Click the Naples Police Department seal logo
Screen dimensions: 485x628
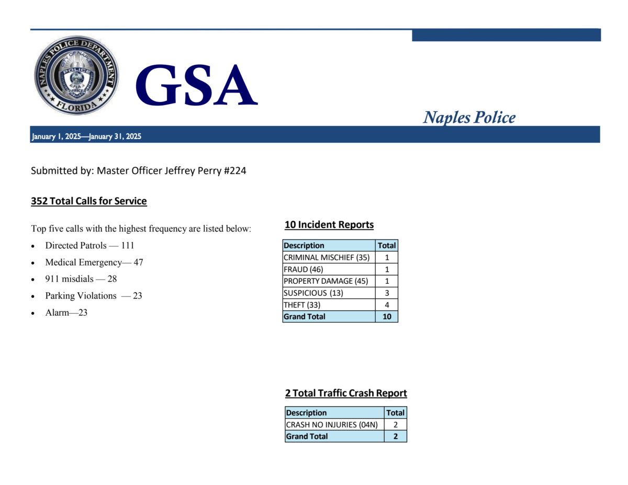pyautogui.click(x=76, y=76)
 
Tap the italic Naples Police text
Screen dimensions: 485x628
pyautogui.click(x=469, y=117)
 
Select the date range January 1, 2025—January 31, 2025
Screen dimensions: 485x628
pyautogui.click(x=86, y=137)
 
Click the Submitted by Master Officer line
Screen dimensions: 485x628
pyautogui.click(x=138, y=171)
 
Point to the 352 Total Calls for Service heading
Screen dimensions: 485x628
pyautogui.click(x=89, y=201)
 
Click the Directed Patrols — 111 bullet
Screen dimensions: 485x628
pyautogui.click(x=89, y=245)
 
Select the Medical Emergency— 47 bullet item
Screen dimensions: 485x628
pyautogui.click(x=94, y=262)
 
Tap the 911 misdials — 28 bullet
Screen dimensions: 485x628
pyautogui.click(x=81, y=279)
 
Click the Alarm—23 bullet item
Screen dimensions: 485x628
pyautogui.click(x=66, y=313)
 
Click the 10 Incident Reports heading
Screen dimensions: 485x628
pyautogui.click(x=329, y=225)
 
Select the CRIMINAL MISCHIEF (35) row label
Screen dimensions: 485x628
pyautogui.click(x=326, y=257)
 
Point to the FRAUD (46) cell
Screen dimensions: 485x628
pyautogui.click(x=304, y=269)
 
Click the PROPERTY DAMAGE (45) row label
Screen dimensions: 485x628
pyautogui.click(x=326, y=281)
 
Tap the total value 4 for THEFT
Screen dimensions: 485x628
pyautogui.click(x=387, y=305)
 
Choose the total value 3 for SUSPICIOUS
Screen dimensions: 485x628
pyautogui.click(x=387, y=293)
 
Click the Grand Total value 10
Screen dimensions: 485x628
pyautogui.click(x=387, y=317)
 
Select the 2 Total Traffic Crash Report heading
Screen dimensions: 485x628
pyautogui.click(x=346, y=393)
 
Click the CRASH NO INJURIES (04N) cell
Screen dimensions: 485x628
pyautogui.click(x=332, y=424)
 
